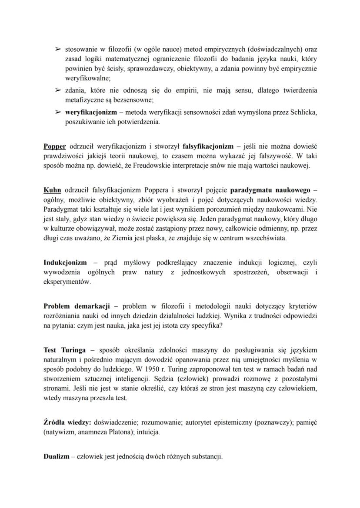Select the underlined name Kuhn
[52, 190]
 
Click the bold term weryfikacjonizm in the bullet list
[94, 112]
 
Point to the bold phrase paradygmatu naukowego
[267, 190]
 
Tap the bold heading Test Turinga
[64, 350]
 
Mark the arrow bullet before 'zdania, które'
[57, 90]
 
